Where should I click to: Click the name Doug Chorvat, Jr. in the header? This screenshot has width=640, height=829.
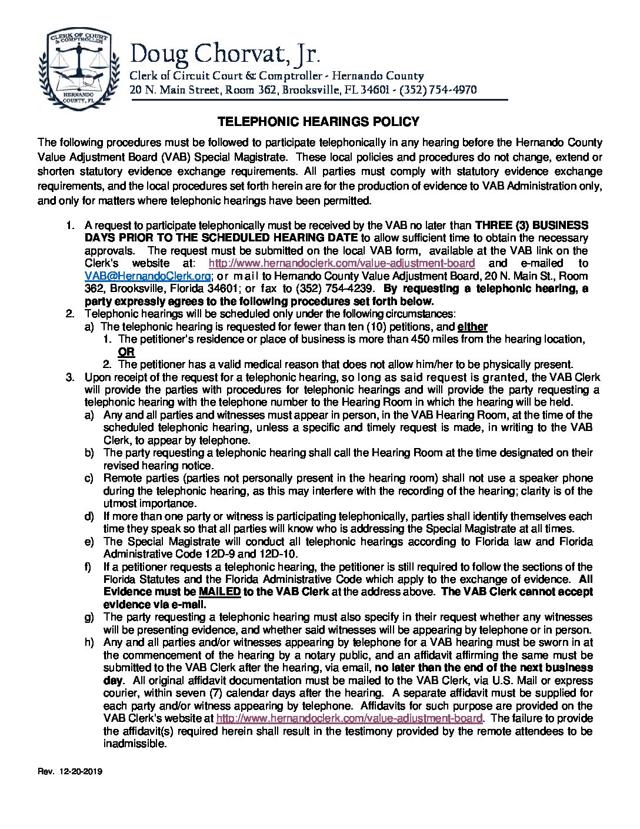click(x=225, y=55)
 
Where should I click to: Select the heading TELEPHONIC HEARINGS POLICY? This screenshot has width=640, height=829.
click(x=318, y=122)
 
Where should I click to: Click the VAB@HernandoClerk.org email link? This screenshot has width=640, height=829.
click(x=148, y=276)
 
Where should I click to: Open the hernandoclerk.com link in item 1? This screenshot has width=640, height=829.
click(x=342, y=263)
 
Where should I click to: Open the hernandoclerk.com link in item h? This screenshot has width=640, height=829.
click(x=349, y=718)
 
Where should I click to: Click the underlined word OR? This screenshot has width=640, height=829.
click(x=126, y=352)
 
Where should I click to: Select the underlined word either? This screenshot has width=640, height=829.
click(x=472, y=327)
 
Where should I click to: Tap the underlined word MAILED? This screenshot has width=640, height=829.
click(x=219, y=592)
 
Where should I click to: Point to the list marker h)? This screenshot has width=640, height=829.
click(x=89, y=642)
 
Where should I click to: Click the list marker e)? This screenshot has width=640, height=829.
click(x=89, y=542)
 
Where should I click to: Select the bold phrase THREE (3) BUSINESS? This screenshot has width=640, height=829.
click(x=531, y=226)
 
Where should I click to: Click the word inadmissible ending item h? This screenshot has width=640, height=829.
click(x=135, y=744)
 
